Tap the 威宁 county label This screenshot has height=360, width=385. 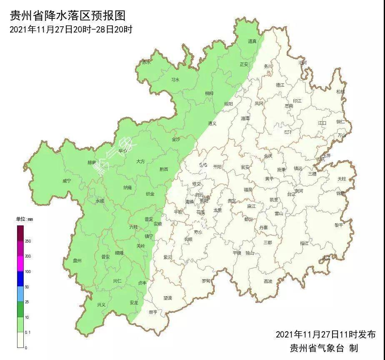pyautogui.click(x=67, y=181)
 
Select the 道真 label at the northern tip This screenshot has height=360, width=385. pyautogui.click(x=252, y=41)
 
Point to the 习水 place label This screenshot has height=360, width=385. pyautogui.click(x=175, y=80)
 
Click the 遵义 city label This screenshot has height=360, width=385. pyautogui.click(x=212, y=123)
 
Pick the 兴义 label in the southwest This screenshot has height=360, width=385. pyautogui.click(x=101, y=305)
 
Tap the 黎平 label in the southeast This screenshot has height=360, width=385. pyautogui.click(x=339, y=225)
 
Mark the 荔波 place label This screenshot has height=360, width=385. pyautogui.click(x=268, y=281)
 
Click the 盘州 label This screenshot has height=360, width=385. pyautogui.click(x=77, y=261)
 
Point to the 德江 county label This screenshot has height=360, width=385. pyautogui.click(x=280, y=85)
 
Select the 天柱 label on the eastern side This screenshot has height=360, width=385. pyautogui.click(x=342, y=179)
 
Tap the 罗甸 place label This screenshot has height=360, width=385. pyautogui.click(x=206, y=281)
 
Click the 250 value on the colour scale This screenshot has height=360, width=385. pyautogui.click(x=28, y=241)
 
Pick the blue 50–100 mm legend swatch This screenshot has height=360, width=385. pyautogui.click(x=20, y=279)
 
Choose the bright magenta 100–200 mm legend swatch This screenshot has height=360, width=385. pyautogui.click(x=20, y=264)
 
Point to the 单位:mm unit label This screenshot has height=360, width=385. pyautogui.click(x=24, y=219)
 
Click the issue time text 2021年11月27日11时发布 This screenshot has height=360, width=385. pyautogui.click(x=325, y=335)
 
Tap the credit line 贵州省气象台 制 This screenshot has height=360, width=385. pyautogui.click(x=324, y=348)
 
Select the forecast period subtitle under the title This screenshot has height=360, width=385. pyautogui.click(x=71, y=30)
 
